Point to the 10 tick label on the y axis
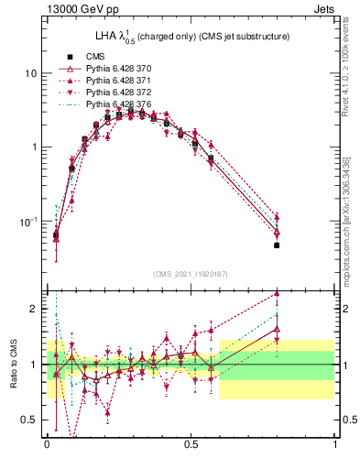coord(29,73)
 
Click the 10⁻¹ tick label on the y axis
coord(27,222)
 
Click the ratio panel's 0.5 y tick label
coord(29,420)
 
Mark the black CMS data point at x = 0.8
coord(277,245)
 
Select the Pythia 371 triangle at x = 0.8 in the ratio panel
coord(277,294)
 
